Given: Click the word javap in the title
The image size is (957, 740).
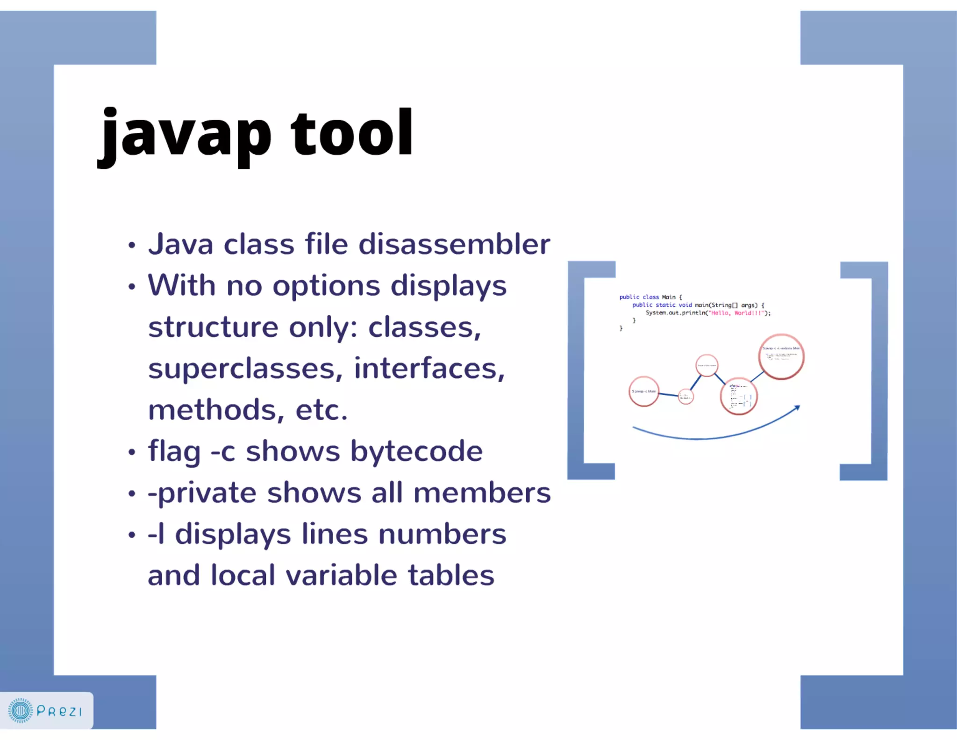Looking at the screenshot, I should point(185,136).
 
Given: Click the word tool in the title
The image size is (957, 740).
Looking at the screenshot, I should point(351,133).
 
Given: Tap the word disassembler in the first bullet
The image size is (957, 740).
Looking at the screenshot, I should point(454,244).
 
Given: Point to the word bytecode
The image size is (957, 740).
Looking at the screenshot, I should point(416,451).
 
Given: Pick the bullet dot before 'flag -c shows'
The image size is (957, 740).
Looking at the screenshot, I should point(132,452).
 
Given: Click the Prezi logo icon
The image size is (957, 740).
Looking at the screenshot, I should point(21,711).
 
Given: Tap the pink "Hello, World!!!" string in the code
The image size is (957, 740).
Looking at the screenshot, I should point(737,313).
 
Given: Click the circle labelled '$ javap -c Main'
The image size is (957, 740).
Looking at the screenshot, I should point(643,392).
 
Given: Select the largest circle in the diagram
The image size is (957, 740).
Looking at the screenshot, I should point(781,357).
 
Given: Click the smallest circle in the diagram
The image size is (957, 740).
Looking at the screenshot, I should point(686,397).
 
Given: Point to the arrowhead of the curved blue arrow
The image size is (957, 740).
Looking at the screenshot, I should point(798,407).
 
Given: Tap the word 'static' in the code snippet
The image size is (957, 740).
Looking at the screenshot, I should point(665,305).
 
